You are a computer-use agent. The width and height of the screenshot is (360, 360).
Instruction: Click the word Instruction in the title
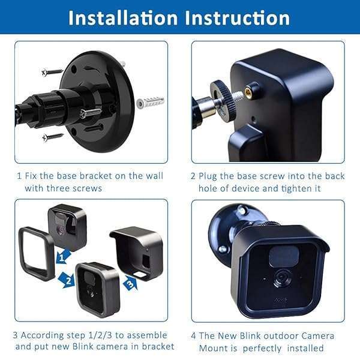(x=238, y=17)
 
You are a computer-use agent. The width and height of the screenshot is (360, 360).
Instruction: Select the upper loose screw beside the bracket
(x=52, y=72)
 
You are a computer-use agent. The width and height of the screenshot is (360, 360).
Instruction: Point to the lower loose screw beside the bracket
(x=53, y=137)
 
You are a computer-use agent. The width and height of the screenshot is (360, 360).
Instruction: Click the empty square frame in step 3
(x=37, y=253)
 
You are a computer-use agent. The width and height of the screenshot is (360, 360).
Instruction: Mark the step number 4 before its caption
(x=193, y=335)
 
